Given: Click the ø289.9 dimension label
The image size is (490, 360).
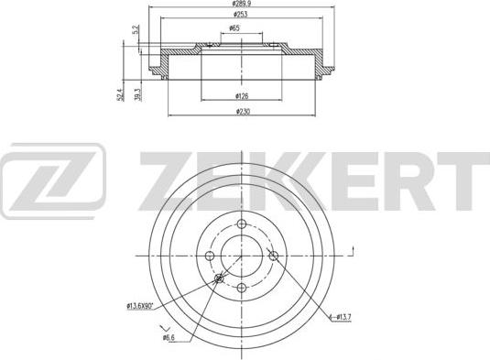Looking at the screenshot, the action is tap(242, 4).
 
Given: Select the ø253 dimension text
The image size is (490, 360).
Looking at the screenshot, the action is tap(240, 15).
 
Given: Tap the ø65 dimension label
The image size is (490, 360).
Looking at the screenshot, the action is tap(234, 28).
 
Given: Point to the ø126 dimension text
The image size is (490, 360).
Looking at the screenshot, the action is tap(242, 96).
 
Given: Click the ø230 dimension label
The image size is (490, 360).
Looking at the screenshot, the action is tap(243, 112).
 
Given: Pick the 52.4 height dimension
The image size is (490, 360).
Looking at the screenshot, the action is tap(121, 94).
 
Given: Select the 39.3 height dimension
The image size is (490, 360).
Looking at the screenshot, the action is tap(137, 94).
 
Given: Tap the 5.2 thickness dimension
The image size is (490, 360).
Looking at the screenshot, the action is tap(136, 30).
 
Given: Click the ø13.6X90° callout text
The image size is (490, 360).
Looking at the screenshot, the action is tap(139, 306).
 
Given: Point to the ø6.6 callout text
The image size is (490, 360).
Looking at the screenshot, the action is tap(169, 337).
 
